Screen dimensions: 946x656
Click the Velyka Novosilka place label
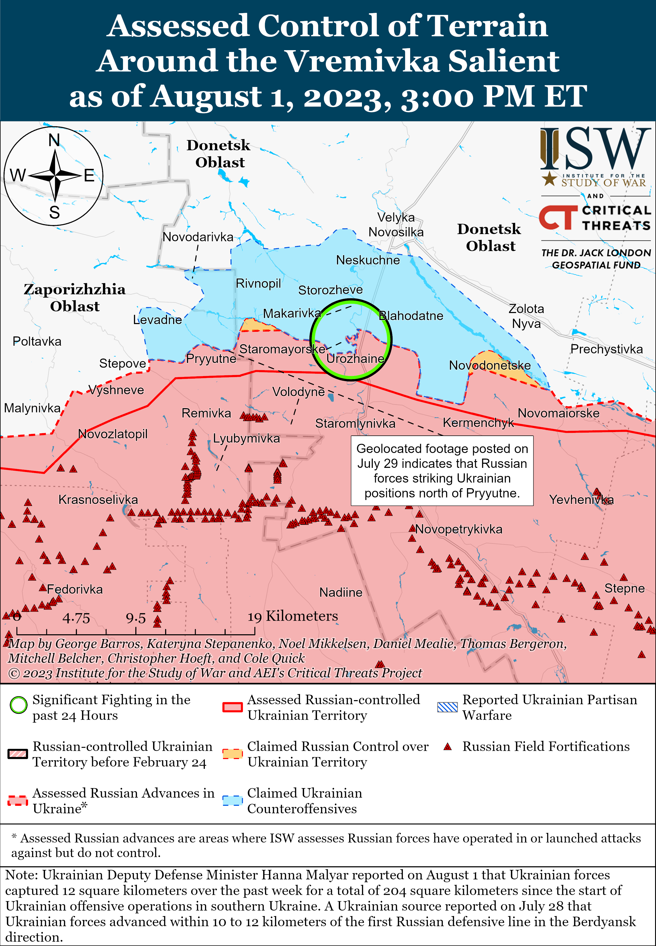point(396,225)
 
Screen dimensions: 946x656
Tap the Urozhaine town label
point(355,359)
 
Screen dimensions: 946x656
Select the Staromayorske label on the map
point(282,349)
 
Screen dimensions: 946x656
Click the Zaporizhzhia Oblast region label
point(74,298)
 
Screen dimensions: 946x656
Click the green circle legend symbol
point(19,705)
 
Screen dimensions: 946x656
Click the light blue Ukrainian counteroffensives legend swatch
point(232,800)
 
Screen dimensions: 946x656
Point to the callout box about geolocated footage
point(442,470)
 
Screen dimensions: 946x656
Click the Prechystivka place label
point(606,349)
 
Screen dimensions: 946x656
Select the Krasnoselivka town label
point(98,500)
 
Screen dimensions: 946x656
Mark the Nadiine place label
point(341,593)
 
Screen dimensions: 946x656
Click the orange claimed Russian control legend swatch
point(232,754)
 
